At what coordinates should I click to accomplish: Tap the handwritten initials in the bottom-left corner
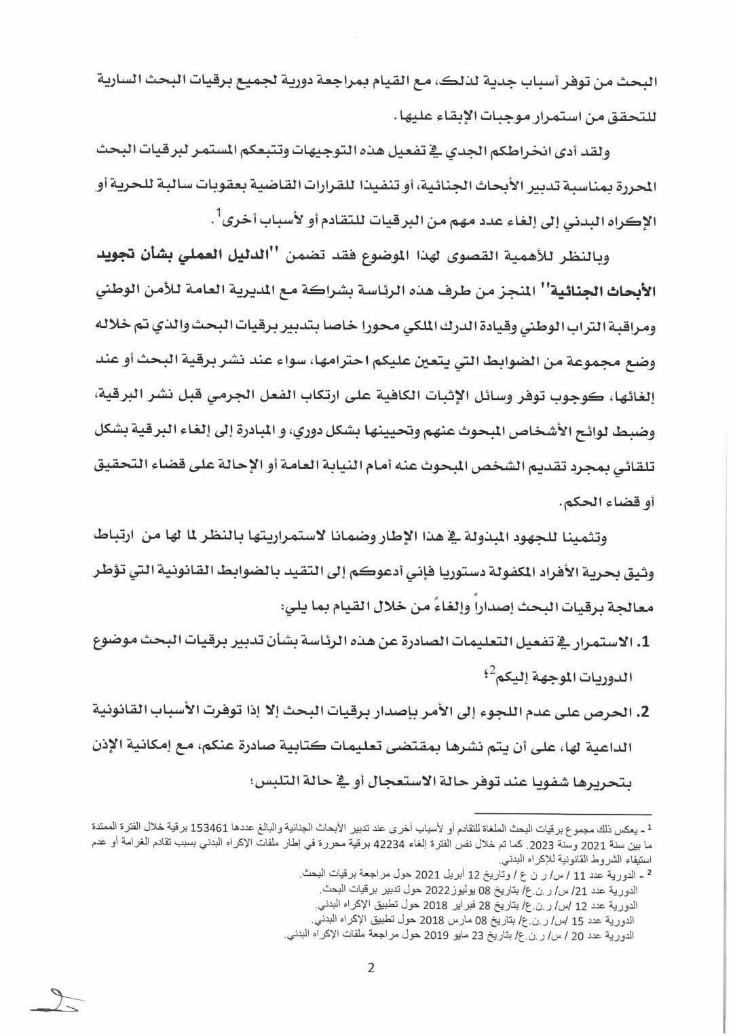pos(57,999)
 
